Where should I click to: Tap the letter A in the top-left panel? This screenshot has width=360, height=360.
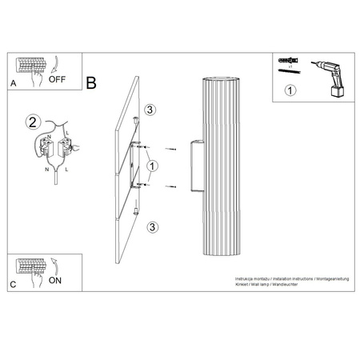point(13,82)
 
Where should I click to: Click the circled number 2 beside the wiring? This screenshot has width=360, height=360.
point(33,122)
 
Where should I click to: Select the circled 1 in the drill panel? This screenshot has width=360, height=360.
point(290,90)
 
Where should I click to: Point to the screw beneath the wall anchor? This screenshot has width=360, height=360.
point(286,71)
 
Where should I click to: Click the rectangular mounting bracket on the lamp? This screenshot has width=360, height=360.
point(194,166)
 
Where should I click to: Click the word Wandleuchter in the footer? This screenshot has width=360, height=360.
point(284,284)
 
